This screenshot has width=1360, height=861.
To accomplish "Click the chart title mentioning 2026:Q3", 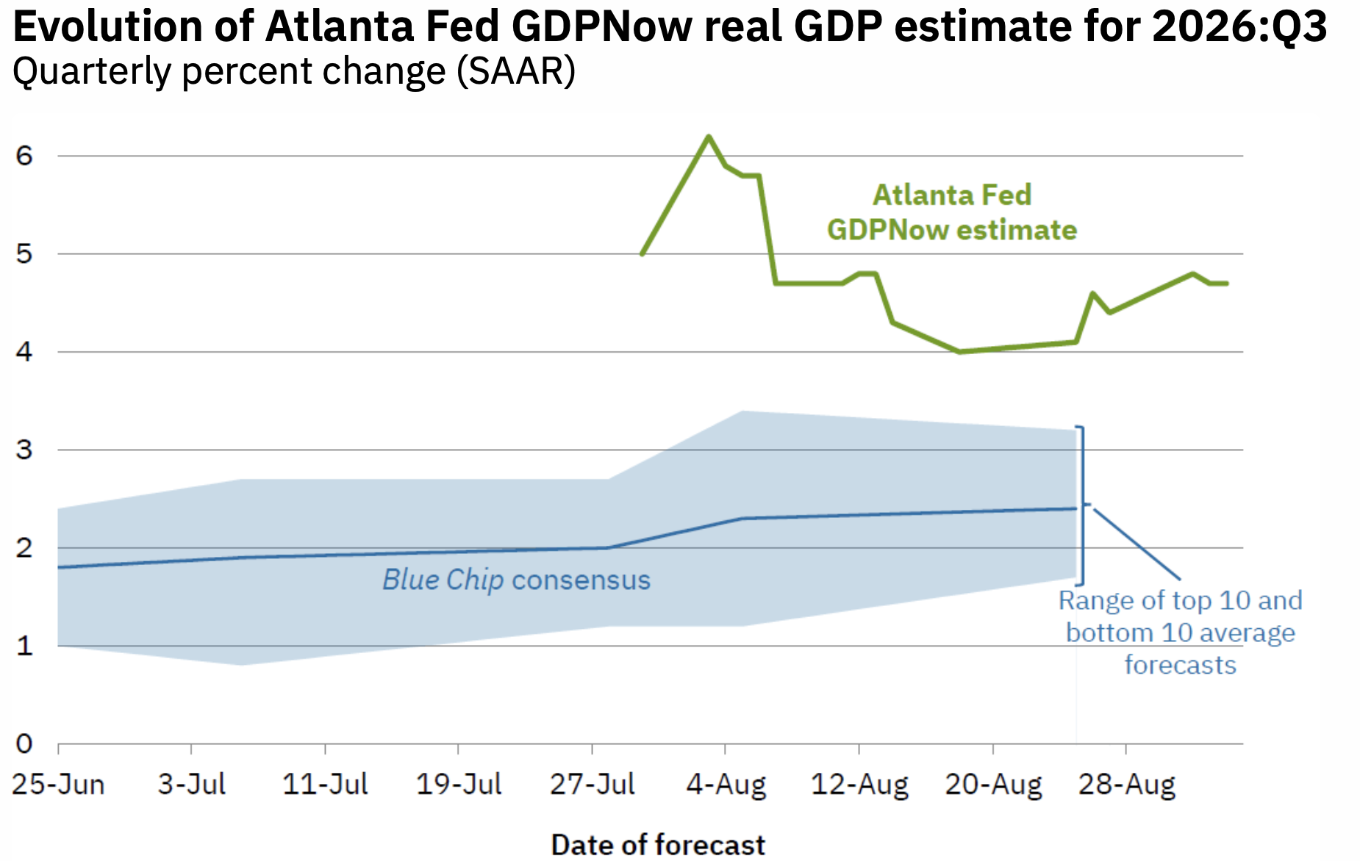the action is pyautogui.click(x=670, y=26).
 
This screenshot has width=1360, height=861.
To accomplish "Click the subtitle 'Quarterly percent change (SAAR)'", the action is pyautogui.click(x=294, y=72).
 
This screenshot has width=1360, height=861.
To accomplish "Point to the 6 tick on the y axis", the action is pyautogui.click(x=24, y=156).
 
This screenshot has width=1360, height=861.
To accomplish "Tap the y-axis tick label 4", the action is pyautogui.click(x=24, y=352).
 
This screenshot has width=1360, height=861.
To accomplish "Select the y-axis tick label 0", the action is pyautogui.click(x=24, y=744).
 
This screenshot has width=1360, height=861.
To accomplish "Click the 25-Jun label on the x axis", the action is pyautogui.click(x=58, y=785).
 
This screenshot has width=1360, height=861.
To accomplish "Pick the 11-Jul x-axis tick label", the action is pyautogui.click(x=325, y=785).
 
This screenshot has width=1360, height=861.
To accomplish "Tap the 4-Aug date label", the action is pyautogui.click(x=726, y=785).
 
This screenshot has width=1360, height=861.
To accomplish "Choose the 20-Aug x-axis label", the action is pyautogui.click(x=993, y=785).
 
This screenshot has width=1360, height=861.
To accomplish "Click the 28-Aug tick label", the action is pyautogui.click(x=1126, y=785).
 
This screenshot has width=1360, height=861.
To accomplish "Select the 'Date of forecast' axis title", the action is pyautogui.click(x=658, y=845).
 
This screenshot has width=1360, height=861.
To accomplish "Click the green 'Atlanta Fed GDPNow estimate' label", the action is pyautogui.click(x=952, y=212).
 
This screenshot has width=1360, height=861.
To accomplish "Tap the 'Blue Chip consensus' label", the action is pyautogui.click(x=516, y=580).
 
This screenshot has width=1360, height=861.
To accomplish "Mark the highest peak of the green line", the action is pyautogui.click(x=709, y=136).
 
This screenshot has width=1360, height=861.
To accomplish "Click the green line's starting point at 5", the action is pyautogui.click(x=643, y=254).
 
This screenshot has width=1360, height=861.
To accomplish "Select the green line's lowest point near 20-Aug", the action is pyautogui.click(x=959, y=352).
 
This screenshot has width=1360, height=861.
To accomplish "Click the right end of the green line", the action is pyautogui.click(x=1227, y=284).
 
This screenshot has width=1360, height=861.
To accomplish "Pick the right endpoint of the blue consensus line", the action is pyautogui.click(x=1076, y=508).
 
